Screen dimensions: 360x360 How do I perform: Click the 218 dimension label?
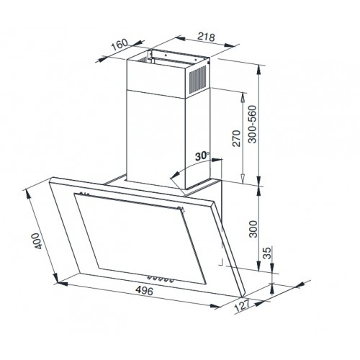(206, 37)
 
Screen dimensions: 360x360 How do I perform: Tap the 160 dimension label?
(120, 45)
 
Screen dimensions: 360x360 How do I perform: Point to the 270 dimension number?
(236, 138)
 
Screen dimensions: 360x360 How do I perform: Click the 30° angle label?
(202, 156)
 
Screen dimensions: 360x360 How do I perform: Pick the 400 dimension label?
(37, 240)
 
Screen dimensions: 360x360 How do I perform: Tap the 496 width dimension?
(144, 291)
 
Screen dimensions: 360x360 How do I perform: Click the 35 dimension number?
(267, 253)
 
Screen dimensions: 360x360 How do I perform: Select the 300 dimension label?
(253, 229)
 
